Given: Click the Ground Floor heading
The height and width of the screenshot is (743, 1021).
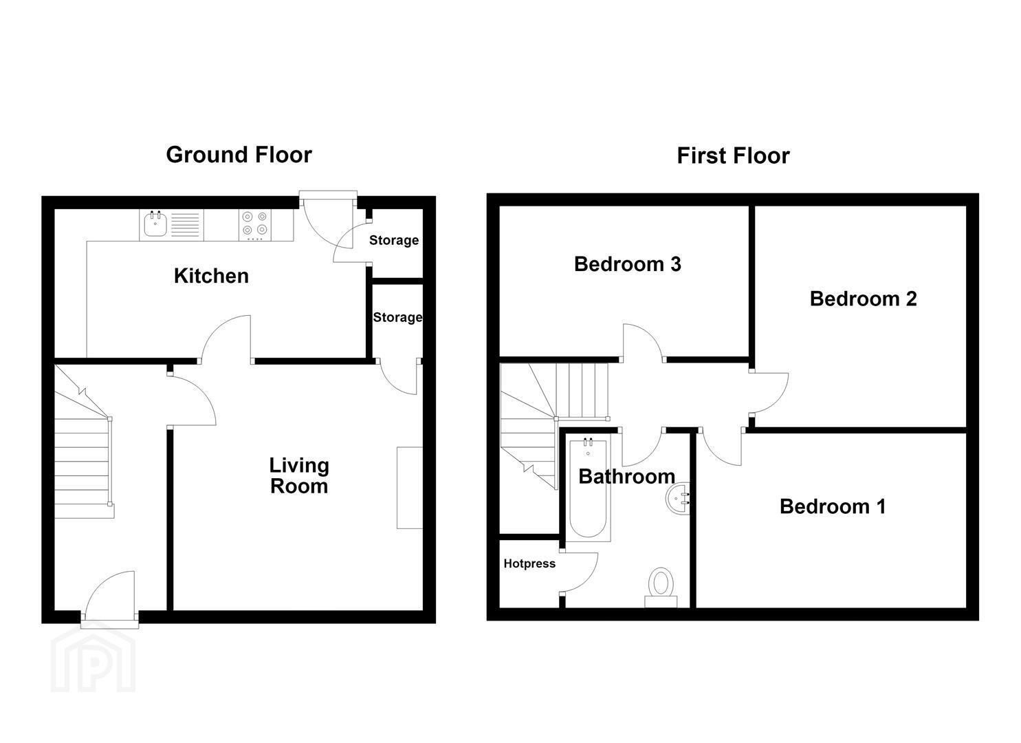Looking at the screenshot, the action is pos(239,155).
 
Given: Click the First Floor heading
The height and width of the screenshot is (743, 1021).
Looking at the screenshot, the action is pos(734,156).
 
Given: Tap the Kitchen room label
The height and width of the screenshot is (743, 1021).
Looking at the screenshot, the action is pos(211,276).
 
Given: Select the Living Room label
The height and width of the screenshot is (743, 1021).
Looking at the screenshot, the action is pos(299,475).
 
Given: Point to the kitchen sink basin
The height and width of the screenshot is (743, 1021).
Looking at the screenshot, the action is pos(155,224).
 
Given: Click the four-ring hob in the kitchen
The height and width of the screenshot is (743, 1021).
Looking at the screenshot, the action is pos(255,226).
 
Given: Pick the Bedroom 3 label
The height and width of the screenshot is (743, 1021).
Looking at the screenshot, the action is pos(628,264).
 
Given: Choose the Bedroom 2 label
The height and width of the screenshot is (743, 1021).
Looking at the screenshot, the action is pos(864,299).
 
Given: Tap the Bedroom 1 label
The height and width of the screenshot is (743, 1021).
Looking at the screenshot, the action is pos(833,506).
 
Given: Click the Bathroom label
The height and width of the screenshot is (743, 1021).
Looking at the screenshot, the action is pos(627,477).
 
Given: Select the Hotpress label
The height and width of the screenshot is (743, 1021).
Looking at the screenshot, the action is pos(529,563).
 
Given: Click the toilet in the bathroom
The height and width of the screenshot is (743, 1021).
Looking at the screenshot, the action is pos(661,588).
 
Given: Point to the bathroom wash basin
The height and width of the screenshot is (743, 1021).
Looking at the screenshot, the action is pos(678,499).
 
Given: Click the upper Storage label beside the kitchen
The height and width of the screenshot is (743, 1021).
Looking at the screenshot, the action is pos(394,240).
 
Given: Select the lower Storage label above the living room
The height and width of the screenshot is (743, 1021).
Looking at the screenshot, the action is pos(397,317).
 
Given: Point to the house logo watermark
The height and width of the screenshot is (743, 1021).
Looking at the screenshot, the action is pos(94,660).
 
